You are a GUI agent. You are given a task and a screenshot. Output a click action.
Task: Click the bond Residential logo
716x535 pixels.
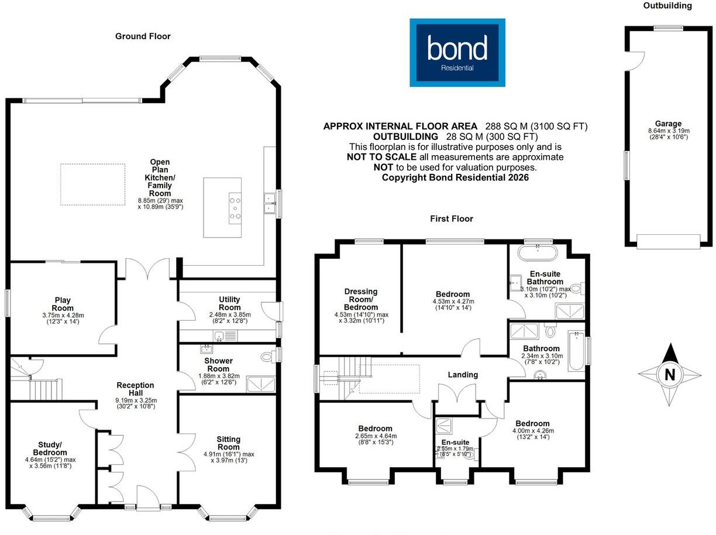(x=457, y=53)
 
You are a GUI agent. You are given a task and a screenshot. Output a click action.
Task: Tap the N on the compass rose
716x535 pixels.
(x=670, y=375)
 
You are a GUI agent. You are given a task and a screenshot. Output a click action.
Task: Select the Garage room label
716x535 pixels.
(x=669, y=124)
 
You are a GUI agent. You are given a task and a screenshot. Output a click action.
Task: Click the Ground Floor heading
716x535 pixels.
(x=143, y=36)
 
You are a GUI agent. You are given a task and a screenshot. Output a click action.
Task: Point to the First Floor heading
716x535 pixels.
(x=452, y=219)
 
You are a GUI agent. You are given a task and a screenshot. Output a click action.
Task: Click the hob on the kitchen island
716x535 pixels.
(x=235, y=208)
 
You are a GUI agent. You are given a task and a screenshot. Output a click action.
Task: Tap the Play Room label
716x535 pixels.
(x=63, y=304)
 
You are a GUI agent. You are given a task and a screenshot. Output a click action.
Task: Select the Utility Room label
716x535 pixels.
(x=230, y=303)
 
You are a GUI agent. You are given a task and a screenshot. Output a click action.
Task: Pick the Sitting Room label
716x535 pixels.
(x=229, y=443)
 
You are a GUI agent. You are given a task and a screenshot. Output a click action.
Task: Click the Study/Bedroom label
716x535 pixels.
(x=50, y=448)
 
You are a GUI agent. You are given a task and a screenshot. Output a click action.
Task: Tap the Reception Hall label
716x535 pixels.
(x=135, y=389)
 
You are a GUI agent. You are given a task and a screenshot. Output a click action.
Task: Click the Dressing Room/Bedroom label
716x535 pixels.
(x=361, y=299)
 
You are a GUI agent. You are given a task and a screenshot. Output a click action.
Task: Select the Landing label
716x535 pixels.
(x=463, y=375)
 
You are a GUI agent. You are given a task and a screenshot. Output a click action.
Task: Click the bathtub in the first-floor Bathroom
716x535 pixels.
(x=576, y=351)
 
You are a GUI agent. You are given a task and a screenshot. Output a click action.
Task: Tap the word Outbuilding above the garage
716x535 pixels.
(x=667, y=5)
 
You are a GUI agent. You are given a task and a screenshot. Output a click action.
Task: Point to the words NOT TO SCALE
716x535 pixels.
(x=381, y=157)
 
